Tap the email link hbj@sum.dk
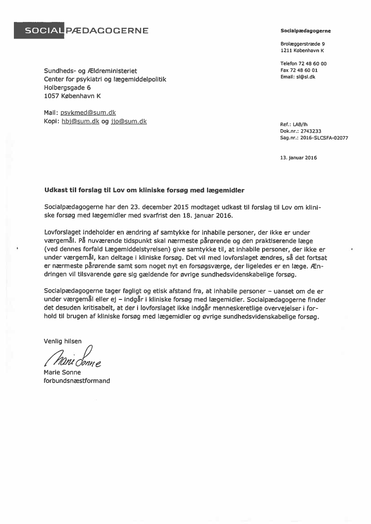(x=80, y=121)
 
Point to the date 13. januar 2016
(x=298, y=157)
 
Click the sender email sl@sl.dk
(x=306, y=77)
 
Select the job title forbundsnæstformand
(x=77, y=381)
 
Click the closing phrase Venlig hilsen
(x=63, y=341)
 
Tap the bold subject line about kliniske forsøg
(x=144, y=190)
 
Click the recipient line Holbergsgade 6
(x=67, y=88)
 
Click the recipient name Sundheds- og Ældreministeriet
(x=91, y=71)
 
